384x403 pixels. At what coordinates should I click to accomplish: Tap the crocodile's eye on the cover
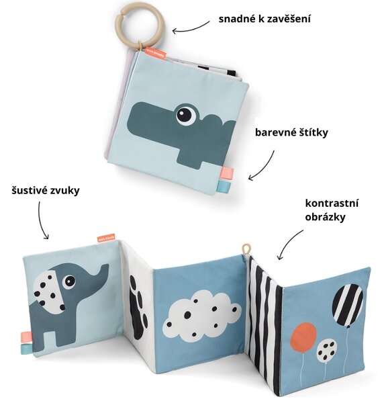[186, 114]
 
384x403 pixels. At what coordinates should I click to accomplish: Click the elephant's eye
[69, 281]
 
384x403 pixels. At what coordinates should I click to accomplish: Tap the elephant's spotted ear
[50, 293]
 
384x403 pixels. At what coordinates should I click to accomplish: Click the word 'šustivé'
[28, 191]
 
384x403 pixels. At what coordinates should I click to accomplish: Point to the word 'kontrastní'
[332, 203]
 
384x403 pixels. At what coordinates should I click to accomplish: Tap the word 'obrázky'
[325, 217]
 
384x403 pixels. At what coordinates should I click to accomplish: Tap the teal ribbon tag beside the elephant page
[26, 349]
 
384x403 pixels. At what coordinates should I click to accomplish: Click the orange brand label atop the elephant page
[106, 238]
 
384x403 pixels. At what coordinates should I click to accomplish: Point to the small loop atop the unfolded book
[246, 249]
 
